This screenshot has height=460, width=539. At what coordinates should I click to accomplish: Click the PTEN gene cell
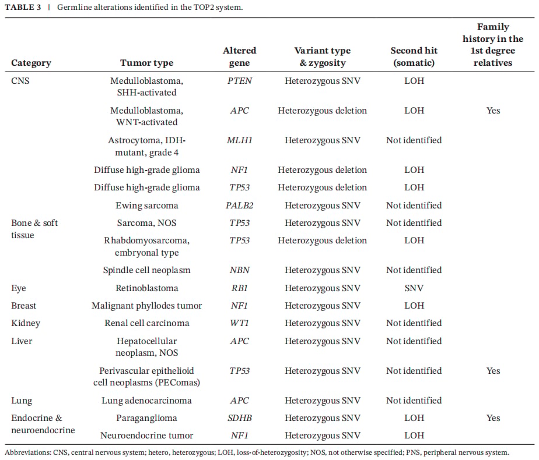pos(240,81)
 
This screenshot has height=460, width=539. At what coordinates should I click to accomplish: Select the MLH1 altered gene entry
pos(240,140)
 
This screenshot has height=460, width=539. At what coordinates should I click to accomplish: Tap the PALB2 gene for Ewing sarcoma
pos(240,206)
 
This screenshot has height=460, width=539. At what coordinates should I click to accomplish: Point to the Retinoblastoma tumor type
pos(147,288)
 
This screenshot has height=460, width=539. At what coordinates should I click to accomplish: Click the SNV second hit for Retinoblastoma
pos(414,288)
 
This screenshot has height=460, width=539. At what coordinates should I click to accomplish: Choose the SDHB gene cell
pos(240,418)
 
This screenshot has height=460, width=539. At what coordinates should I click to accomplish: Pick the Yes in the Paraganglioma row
pos(493,418)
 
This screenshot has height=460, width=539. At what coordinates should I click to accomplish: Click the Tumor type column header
pos(147,63)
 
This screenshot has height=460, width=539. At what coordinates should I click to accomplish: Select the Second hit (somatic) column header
pos(414,56)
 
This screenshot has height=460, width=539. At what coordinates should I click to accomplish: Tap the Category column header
pos(32,63)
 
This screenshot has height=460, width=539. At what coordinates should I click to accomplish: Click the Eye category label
pos(19,288)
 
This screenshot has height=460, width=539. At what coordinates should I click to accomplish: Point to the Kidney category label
pos(26,324)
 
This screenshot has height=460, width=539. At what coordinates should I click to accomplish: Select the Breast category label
pos(24,306)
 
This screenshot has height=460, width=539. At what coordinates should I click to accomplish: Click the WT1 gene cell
pos(240,323)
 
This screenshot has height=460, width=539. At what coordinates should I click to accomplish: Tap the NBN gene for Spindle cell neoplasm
pos(240,270)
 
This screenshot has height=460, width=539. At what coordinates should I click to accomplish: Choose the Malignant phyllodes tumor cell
pos(147,306)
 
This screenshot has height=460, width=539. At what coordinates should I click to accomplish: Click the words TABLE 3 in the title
pos(23,7)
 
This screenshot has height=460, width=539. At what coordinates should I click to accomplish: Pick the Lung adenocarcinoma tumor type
pos(147,401)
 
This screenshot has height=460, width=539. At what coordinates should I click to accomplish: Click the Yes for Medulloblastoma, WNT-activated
pos(493,111)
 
